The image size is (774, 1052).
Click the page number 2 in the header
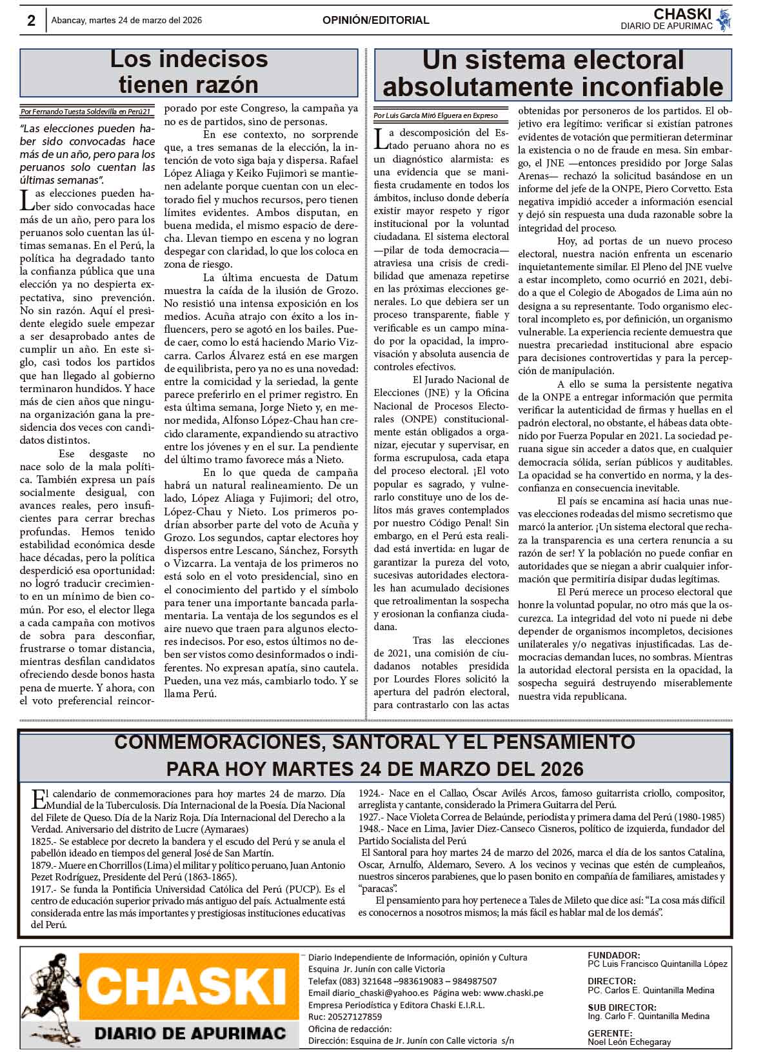(31, 21)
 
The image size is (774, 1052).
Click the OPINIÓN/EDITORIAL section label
(375, 21)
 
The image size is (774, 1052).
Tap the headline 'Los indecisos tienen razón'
(188, 72)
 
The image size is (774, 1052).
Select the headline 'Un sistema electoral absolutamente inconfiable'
(553, 73)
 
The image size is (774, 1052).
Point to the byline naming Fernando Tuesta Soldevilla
(86, 112)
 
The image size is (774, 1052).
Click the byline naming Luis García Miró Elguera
(435, 115)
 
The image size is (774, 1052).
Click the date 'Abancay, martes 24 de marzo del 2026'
(126, 21)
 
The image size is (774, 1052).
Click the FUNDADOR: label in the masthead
(613, 955)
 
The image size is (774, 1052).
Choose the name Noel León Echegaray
(629, 1042)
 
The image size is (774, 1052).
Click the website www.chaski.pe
(513, 993)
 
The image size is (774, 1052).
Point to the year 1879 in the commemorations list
(43, 865)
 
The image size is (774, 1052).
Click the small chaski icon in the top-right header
(724, 19)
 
